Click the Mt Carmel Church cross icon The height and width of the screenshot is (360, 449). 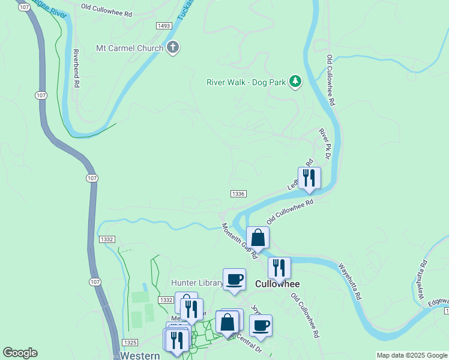[173, 48]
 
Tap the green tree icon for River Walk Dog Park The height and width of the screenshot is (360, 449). [295, 81]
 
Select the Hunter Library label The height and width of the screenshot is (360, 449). [197, 283]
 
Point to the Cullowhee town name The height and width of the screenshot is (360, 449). [277, 284]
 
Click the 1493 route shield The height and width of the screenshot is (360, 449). [164, 26]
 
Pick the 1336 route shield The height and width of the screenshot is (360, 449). [238, 193]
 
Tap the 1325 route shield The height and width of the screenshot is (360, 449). [128, 342]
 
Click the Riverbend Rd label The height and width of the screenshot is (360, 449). [77, 68]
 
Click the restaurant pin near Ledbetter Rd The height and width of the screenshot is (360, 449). [309, 178]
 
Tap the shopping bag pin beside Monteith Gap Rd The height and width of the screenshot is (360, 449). [258, 238]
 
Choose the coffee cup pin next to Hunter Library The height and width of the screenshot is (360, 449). [234, 280]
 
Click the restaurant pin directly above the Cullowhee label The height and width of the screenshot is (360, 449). [279, 268]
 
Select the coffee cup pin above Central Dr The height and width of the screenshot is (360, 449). [261, 326]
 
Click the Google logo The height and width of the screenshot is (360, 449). [20, 353]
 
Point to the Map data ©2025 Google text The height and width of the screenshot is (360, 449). [411, 355]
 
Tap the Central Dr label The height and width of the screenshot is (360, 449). [249, 344]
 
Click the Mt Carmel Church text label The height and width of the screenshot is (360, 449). [129, 48]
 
